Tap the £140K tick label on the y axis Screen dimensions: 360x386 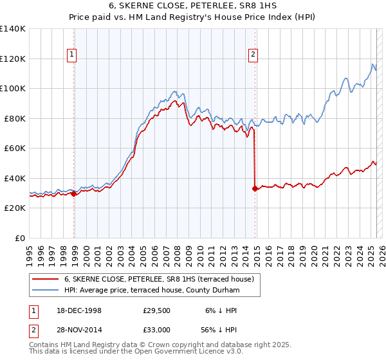[12, 29]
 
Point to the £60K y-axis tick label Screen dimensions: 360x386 [14, 148]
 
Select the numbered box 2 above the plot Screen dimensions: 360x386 [253, 55]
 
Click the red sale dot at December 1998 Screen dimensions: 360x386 [74, 194]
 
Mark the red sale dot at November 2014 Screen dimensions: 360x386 [255, 188]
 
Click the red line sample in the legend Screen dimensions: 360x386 [46, 280]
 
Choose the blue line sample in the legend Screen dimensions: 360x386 [46, 291]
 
